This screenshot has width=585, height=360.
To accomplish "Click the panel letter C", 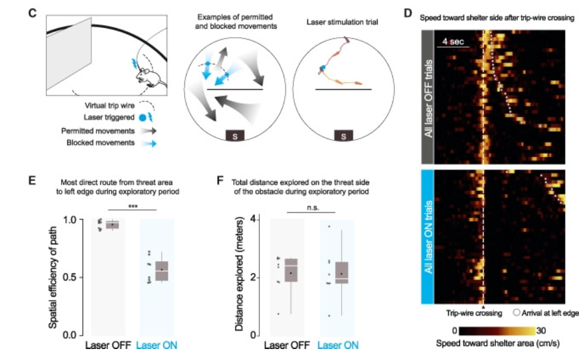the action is [32, 13].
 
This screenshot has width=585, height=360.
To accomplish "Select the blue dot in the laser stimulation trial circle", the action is [323, 68].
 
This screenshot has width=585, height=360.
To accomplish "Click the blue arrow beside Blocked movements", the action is [149, 143].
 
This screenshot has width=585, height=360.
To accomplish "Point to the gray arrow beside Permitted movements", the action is [149, 131].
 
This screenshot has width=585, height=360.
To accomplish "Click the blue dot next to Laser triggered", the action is [142, 118].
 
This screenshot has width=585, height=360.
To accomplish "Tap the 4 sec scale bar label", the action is [453, 41].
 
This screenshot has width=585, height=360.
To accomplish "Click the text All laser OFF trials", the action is [428, 98].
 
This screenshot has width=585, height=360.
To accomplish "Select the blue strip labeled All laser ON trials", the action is [428, 237].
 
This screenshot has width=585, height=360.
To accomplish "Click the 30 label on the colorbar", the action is [541, 331].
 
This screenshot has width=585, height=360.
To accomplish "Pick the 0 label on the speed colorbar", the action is [454, 331].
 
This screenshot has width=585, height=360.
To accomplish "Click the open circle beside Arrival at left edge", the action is [516, 312].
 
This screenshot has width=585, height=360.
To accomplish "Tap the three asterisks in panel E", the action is [133, 206].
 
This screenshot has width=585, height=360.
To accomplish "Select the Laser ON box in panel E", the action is [162, 271].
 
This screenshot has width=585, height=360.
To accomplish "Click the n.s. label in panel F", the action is [313, 207].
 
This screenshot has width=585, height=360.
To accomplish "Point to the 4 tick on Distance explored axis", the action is [254, 218].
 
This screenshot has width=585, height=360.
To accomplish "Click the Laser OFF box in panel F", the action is [291, 270].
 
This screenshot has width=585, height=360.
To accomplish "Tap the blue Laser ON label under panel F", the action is [338, 345].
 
